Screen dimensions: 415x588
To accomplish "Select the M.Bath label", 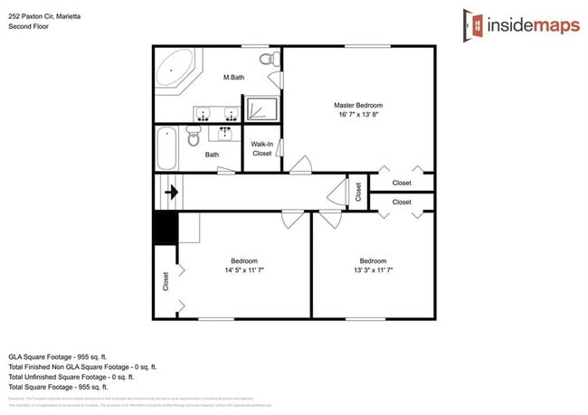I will pyautogui.click(x=234, y=78).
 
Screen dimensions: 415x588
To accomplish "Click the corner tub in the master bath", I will pyautogui.click(x=175, y=71).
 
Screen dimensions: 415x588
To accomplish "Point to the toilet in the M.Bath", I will pyautogui.click(x=269, y=60).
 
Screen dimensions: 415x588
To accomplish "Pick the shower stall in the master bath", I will pyautogui.click(x=263, y=108).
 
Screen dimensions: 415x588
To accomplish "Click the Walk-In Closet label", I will pyautogui.click(x=261, y=148).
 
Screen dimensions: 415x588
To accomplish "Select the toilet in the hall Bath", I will pyautogui.click(x=193, y=137).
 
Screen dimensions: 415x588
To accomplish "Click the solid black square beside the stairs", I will pyautogui.click(x=165, y=228).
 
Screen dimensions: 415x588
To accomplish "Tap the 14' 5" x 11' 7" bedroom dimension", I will pyautogui.click(x=244, y=269).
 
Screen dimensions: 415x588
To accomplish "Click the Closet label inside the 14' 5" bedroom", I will pyautogui.click(x=165, y=281).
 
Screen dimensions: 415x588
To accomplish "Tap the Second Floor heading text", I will pyautogui.click(x=28, y=26).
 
